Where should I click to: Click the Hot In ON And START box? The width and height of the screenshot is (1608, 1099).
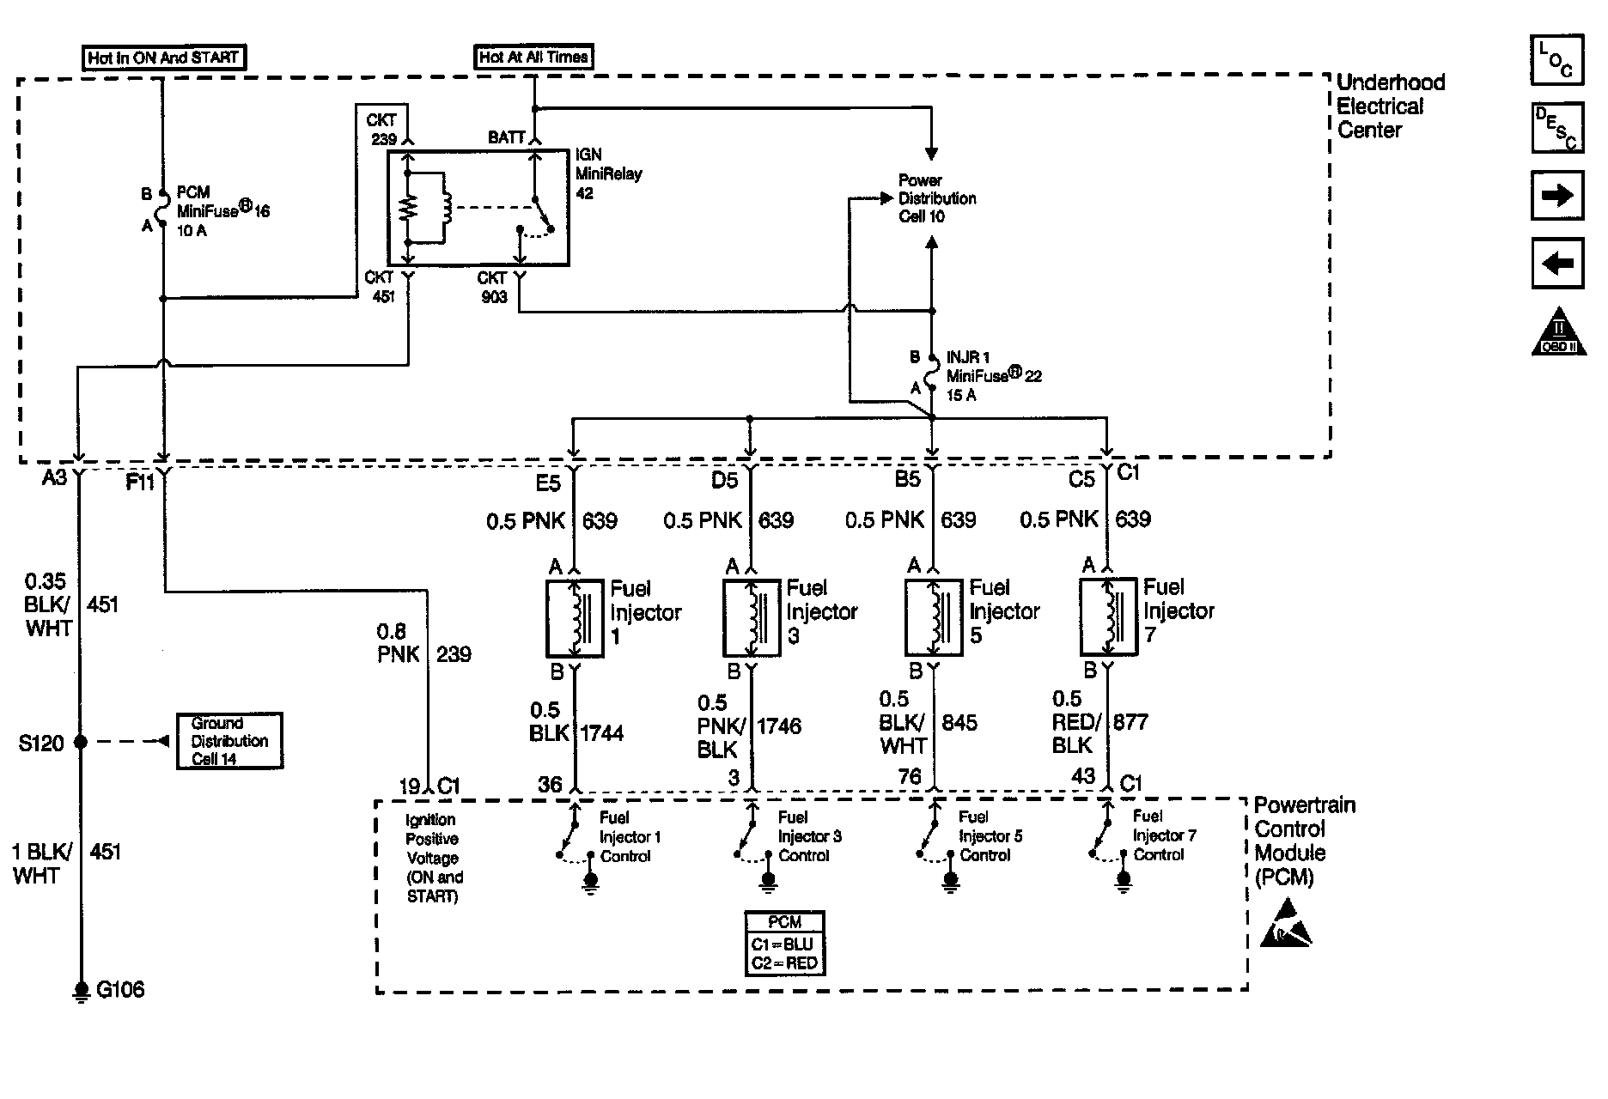[x=163, y=58]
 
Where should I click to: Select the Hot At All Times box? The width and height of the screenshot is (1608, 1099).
[x=533, y=58]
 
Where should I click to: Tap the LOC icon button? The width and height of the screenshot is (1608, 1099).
[x=1556, y=60]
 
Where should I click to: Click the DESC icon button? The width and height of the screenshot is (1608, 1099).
[x=1556, y=127]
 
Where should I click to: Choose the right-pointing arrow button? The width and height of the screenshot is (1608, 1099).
[x=1556, y=195]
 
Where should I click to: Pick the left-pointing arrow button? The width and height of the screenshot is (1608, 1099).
[x=1556, y=263]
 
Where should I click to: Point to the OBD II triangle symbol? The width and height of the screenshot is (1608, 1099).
[x=1557, y=331]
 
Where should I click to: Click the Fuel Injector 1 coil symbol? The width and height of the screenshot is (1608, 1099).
[x=576, y=618]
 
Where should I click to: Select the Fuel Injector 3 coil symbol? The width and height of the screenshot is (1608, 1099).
[x=752, y=617]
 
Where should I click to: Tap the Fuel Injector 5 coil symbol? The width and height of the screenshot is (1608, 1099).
[x=934, y=617]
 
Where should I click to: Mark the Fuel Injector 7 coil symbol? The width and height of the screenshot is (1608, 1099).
[x=1107, y=616]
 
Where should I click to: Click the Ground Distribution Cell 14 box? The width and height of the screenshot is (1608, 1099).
[x=229, y=741]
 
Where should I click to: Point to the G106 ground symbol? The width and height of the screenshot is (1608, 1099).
[x=82, y=992]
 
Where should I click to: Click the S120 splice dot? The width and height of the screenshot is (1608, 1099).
[x=81, y=742]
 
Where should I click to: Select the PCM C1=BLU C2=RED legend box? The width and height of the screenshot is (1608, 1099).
[x=784, y=944]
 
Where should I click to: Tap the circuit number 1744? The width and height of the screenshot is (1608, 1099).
[x=601, y=733]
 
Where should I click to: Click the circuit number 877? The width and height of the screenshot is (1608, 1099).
[x=1130, y=722]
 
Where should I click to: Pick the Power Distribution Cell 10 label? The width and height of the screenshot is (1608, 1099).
[x=936, y=198]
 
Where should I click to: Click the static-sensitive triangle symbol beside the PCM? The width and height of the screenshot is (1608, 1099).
[x=1285, y=924]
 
